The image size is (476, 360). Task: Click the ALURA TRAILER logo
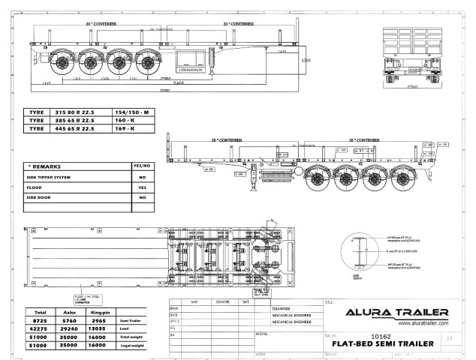tap(396, 312)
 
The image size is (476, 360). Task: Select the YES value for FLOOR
tap(141, 187)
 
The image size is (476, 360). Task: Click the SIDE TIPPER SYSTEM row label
tap(49, 177)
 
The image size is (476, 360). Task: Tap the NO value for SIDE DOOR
tap(141, 198)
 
